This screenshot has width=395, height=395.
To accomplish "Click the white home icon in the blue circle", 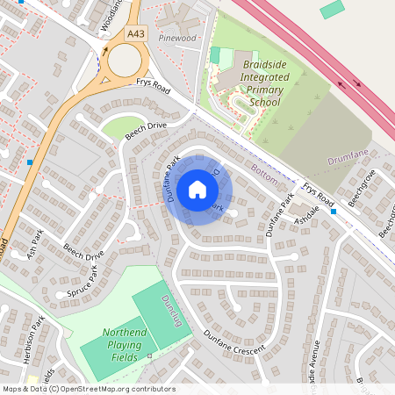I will click(x=197, y=189).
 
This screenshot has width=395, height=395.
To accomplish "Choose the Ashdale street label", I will click(x=310, y=216).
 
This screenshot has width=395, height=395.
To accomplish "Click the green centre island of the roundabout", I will click(x=120, y=60).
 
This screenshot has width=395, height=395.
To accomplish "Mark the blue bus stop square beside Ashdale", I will click(x=334, y=211).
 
